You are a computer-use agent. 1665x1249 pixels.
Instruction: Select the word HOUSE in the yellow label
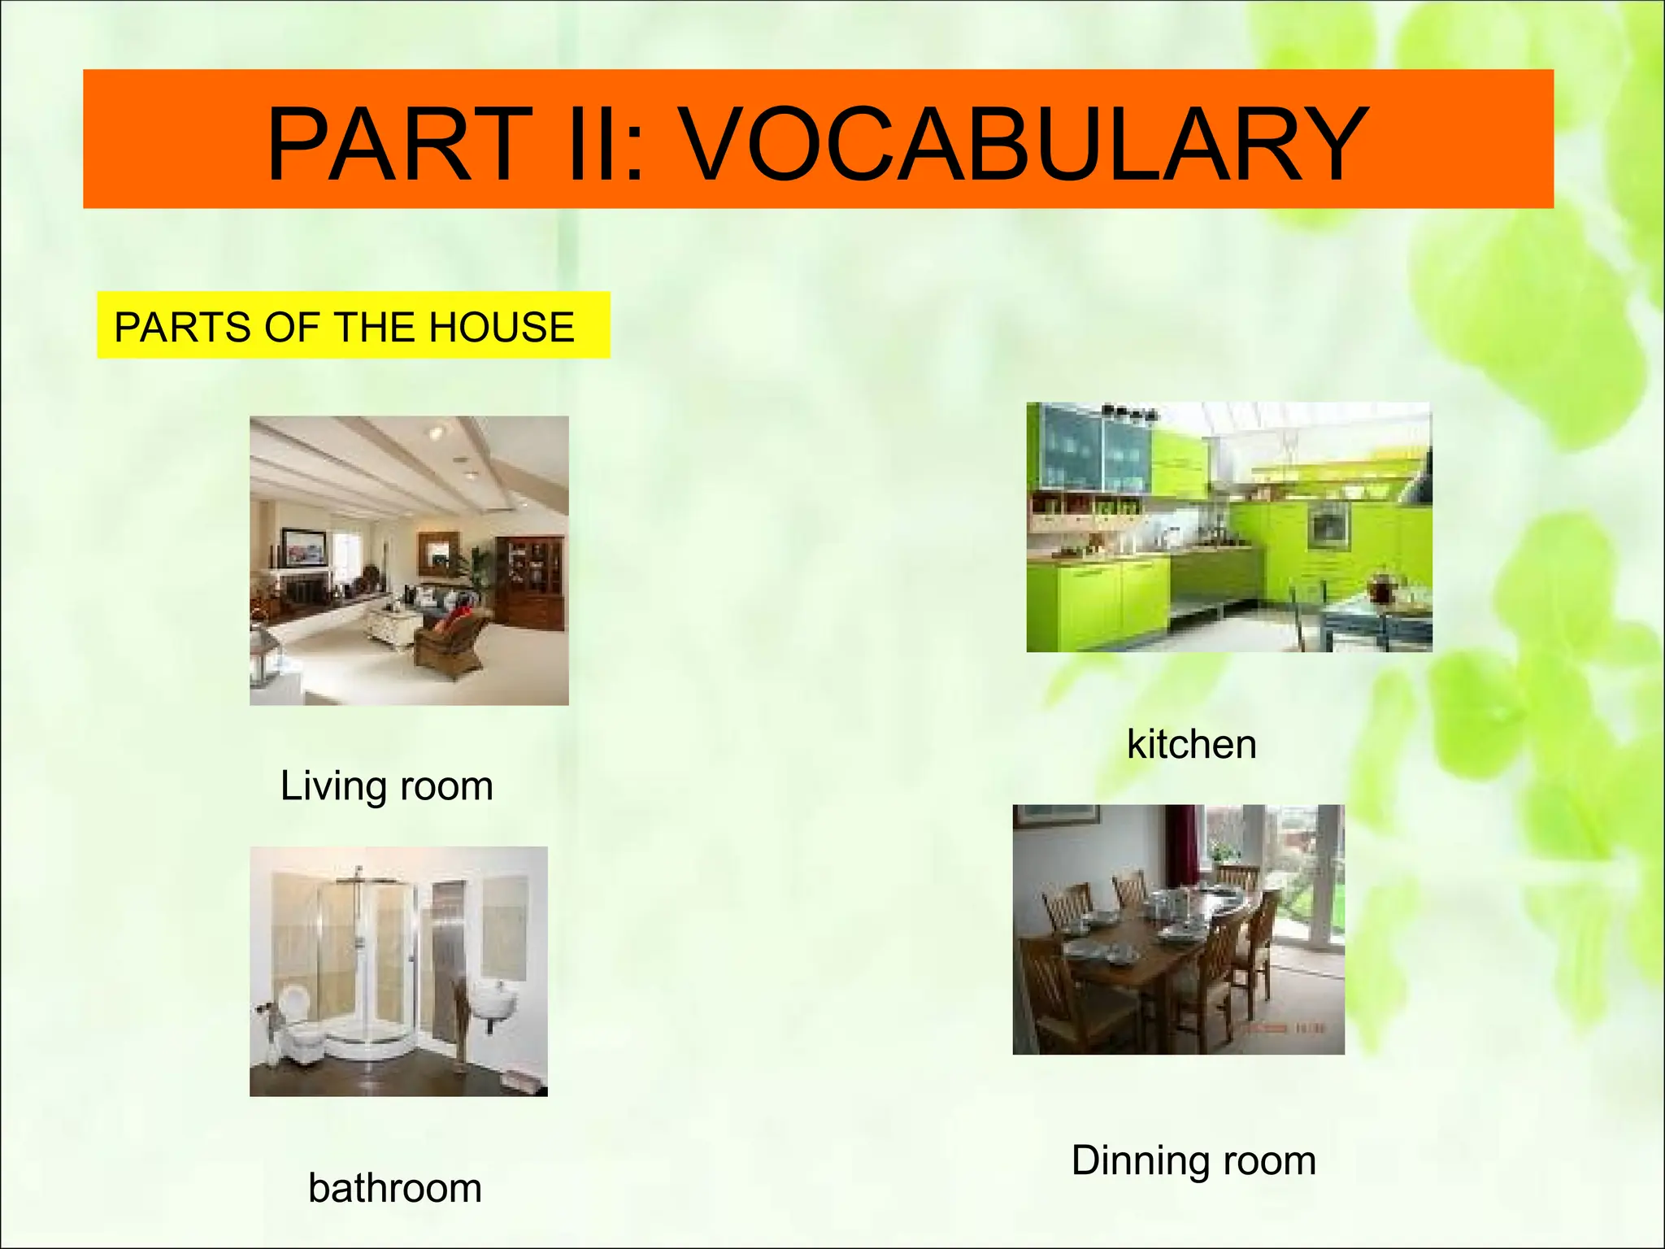(x=502, y=327)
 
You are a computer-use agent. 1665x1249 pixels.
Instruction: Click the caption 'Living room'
(x=387, y=786)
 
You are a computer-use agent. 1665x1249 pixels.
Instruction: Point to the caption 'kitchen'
(x=1192, y=744)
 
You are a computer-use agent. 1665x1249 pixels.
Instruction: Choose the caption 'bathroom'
(x=395, y=1188)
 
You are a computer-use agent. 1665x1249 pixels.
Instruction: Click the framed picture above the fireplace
(x=304, y=546)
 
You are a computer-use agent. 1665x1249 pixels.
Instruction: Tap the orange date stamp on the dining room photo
(x=1285, y=1029)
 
